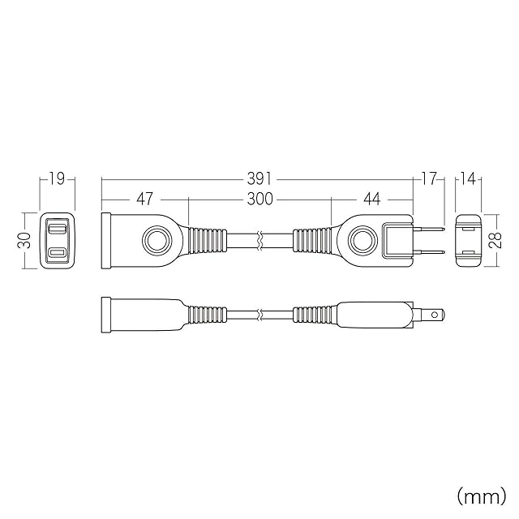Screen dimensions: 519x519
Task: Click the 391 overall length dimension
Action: (x=259, y=179)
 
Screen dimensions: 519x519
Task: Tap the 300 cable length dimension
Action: (x=260, y=199)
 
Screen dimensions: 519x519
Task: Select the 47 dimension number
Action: (x=145, y=199)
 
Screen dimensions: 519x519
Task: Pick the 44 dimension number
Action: (x=372, y=199)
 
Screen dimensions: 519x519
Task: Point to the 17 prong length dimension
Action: (x=429, y=179)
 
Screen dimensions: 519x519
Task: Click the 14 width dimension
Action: (x=469, y=179)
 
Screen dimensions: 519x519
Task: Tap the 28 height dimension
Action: (x=495, y=240)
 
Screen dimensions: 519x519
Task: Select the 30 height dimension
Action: (x=24, y=240)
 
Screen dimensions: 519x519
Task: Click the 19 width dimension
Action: (x=57, y=179)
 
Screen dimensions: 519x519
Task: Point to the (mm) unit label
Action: (x=482, y=496)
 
